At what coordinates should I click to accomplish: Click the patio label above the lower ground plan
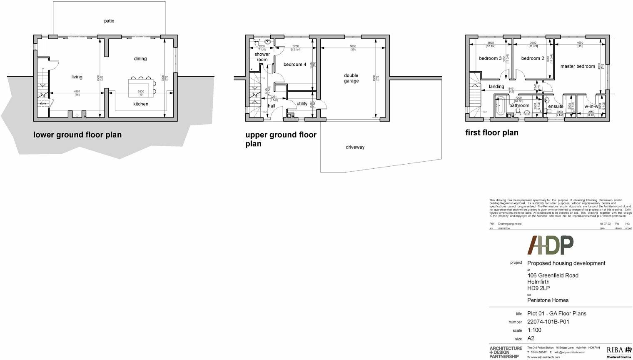(109, 21)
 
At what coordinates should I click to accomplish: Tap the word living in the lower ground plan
(77, 77)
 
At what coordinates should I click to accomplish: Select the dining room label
(140, 59)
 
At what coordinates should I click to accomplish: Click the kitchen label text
(141, 104)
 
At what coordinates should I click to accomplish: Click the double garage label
(351, 78)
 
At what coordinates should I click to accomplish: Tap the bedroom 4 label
(295, 65)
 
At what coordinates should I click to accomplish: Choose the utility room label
(302, 104)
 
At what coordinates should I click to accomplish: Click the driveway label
(355, 147)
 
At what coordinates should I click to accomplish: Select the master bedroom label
(578, 66)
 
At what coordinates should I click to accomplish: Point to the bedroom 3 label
(490, 58)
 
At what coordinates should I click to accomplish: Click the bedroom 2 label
(533, 58)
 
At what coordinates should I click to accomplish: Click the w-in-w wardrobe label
(591, 106)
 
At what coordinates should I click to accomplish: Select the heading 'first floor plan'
(492, 132)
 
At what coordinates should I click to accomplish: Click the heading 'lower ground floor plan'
(77, 135)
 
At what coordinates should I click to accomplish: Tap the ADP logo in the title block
(551, 245)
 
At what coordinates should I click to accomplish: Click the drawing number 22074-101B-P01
(548, 322)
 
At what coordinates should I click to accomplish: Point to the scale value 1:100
(534, 330)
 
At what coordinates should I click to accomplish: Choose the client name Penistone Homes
(548, 300)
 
